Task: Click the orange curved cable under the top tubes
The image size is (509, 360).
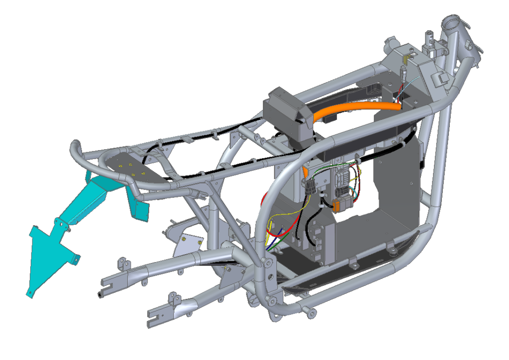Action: coord(348,110)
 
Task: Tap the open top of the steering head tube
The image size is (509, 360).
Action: coord(453,22)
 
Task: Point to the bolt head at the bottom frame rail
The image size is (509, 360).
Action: coord(312,312)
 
